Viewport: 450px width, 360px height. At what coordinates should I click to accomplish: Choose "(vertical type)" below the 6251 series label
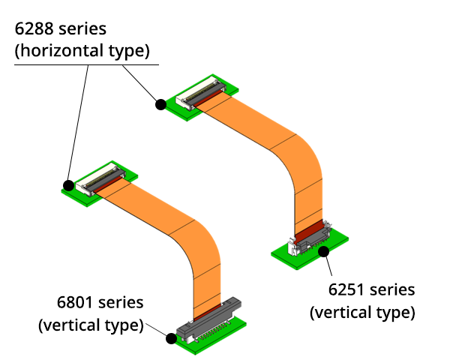[362, 311]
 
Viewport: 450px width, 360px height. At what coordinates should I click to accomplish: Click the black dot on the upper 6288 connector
[160, 105]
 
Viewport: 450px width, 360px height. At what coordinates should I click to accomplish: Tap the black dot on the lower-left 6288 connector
[68, 184]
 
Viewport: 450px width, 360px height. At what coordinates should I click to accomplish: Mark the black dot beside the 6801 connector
[171, 338]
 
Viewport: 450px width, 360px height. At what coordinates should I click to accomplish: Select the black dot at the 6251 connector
[325, 251]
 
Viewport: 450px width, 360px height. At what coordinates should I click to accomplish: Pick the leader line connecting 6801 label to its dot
[157, 330]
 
